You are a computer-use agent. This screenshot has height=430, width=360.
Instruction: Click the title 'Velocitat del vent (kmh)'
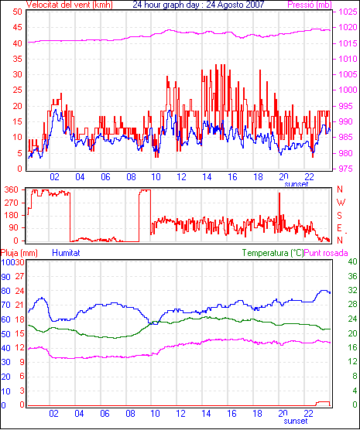click(70, 5)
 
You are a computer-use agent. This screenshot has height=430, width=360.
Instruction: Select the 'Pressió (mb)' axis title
click(310, 5)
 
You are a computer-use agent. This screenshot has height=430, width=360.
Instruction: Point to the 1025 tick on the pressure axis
click(348, 12)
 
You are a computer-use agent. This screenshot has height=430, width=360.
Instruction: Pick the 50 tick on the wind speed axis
click(17, 12)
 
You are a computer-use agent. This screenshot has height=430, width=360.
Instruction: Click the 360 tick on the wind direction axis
click(12, 189)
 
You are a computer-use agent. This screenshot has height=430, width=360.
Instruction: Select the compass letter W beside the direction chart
click(341, 203)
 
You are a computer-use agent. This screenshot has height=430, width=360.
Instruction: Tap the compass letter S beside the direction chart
click(339, 216)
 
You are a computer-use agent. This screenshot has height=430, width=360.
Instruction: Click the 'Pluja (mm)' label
click(19, 253)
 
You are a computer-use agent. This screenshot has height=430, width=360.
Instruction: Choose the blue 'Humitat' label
click(66, 253)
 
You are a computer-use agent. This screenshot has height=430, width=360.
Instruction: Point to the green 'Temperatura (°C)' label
click(273, 253)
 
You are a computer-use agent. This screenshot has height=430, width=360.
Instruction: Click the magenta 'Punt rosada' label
click(326, 253)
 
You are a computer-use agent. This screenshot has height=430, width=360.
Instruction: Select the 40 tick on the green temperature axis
click(352, 261)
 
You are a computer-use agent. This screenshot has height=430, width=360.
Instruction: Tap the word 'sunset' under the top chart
click(296, 184)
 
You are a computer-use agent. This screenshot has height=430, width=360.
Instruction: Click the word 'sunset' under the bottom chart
click(296, 421)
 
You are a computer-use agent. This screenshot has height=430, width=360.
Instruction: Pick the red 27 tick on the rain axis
click(20, 276)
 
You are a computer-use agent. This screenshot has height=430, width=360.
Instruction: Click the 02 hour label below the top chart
click(54, 177)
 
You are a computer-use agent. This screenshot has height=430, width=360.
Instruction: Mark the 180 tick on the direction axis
click(12, 215)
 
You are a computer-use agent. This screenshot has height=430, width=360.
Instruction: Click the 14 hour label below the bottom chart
click(206, 413)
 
